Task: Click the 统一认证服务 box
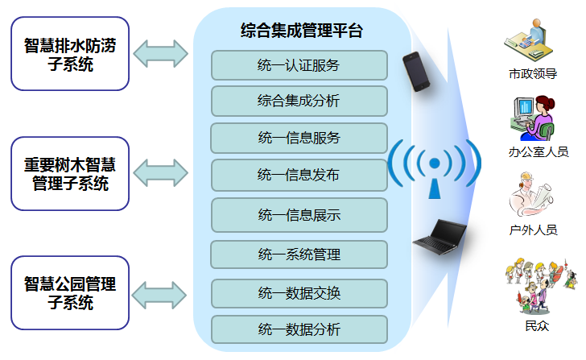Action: (299, 65)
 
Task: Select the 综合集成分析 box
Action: (299, 101)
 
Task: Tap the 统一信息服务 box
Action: (299, 138)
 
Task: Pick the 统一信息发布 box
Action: (299, 175)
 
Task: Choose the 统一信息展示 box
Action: (299, 215)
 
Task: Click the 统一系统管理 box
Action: (299, 254)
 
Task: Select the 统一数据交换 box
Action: (299, 293)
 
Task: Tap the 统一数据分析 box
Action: (299, 329)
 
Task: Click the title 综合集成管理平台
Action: (302, 31)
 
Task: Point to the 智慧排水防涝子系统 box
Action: (70, 53)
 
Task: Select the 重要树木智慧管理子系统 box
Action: (70, 173)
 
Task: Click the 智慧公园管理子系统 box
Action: (70, 292)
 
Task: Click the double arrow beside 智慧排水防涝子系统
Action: (161, 54)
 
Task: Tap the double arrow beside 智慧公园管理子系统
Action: (159, 296)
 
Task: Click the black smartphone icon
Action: (416, 72)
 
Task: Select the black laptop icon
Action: (440, 238)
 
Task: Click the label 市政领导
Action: (533, 73)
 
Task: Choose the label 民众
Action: (537, 326)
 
